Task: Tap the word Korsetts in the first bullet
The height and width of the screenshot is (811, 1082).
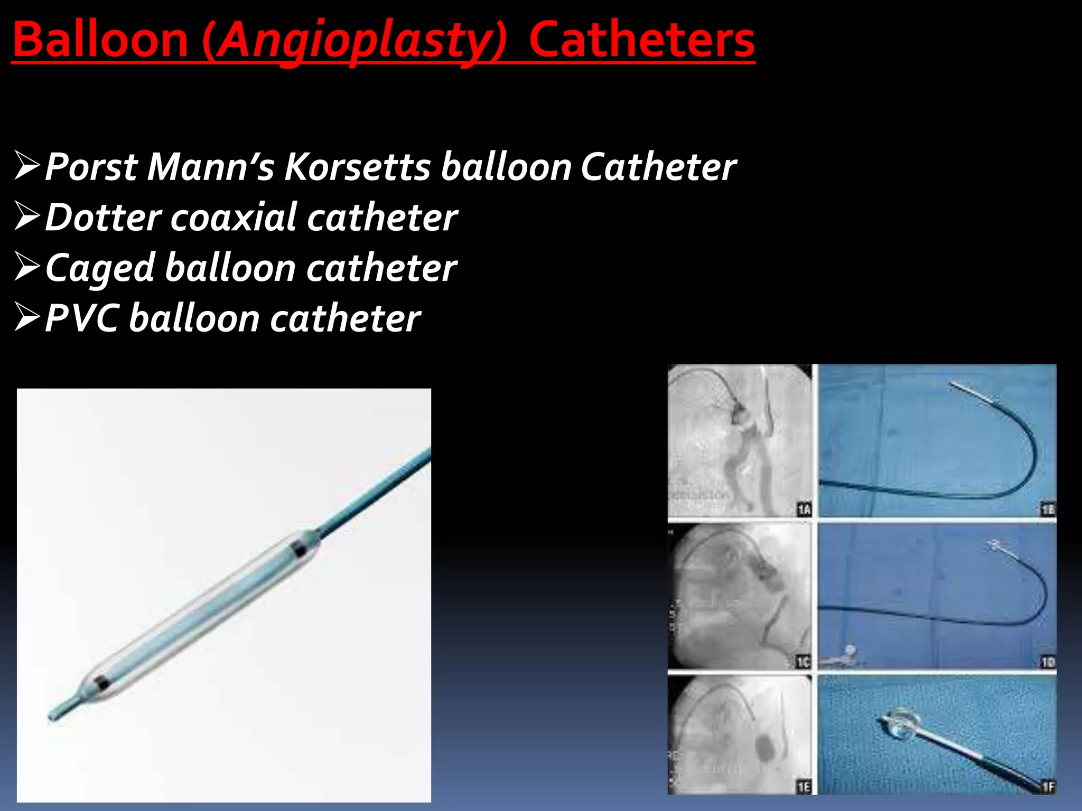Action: point(358,167)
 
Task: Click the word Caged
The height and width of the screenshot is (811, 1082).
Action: point(100,268)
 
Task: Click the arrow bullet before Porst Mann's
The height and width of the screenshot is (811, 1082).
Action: point(27,165)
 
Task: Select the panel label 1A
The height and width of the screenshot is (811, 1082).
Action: point(804,510)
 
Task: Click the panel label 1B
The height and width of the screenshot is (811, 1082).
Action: point(1048,510)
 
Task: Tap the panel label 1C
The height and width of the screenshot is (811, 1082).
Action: point(803,662)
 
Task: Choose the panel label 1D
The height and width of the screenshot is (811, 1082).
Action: point(1048,662)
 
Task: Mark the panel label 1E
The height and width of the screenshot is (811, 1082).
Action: point(804,787)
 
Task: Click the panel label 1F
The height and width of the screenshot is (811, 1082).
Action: point(1048,787)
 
